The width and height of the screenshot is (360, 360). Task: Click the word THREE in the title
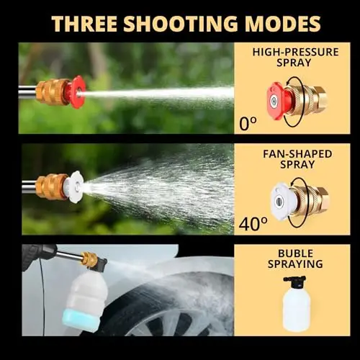(84, 24)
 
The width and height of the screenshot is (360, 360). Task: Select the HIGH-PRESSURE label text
(295, 53)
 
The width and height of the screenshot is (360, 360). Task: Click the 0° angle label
(248, 124)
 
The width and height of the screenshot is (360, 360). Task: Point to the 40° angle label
(253, 224)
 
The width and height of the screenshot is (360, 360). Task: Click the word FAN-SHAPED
(297, 154)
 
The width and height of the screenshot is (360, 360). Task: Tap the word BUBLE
(296, 253)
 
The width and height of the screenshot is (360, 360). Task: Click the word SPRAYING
(295, 264)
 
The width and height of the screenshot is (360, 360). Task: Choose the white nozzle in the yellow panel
(282, 201)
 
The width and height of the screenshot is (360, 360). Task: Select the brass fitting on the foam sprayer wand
(89, 258)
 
